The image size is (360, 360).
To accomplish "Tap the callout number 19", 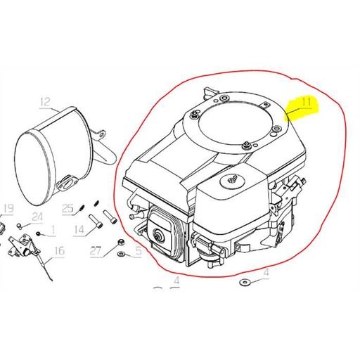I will tap(8, 209).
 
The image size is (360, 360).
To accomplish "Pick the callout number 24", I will tap(37, 217).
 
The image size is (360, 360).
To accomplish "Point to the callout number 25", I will tap(68, 208).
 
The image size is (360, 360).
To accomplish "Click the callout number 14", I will tap(79, 229).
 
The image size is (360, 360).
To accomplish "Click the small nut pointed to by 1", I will tap(38, 233).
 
